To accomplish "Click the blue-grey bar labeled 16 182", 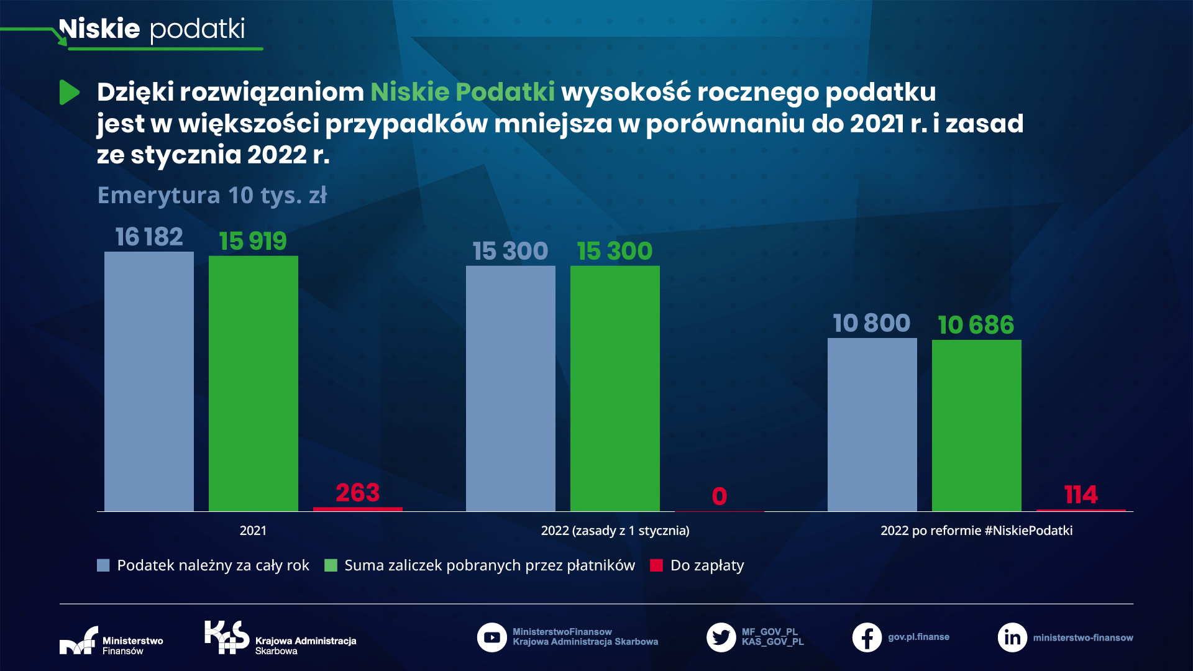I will pos(149,381).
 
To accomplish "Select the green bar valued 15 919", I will pos(254,383).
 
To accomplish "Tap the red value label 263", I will pos(357,493).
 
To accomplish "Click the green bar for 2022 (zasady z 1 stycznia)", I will pos(615,388).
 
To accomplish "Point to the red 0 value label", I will pos(719,496).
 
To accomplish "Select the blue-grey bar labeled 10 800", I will pos(872,424).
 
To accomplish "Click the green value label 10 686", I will pos(976,325).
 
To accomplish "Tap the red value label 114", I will pos(1081,495).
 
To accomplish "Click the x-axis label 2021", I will pos(253,531).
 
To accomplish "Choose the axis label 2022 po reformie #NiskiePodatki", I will pos(976,531).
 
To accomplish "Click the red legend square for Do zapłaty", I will pos(657,565).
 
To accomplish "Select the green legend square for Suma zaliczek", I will pos(331,565).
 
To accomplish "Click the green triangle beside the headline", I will pos(69,93).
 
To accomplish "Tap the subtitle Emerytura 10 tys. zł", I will pos(212,195).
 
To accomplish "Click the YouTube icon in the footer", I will pos(491,637).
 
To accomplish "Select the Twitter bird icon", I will pos(721,637).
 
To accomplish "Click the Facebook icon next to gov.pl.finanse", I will pos(867,637).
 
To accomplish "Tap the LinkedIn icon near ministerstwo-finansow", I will pos(1012,637).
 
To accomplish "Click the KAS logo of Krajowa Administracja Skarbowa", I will pos(227,637).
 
